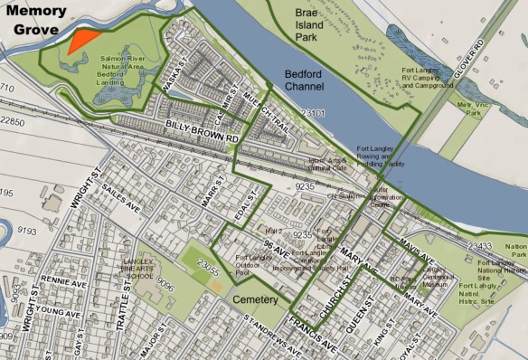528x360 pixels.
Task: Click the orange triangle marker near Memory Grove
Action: [81, 39]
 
